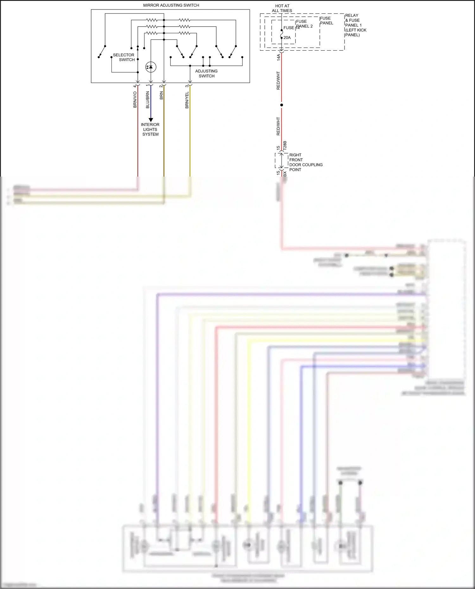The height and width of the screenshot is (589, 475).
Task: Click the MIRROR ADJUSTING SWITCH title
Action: coord(171,5)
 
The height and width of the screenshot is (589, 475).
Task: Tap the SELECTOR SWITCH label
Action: coord(123,57)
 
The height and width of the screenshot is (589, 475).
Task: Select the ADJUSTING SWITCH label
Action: coord(206,73)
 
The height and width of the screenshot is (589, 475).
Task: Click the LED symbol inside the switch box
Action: coord(151,67)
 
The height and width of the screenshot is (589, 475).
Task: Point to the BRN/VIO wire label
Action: coord(135,100)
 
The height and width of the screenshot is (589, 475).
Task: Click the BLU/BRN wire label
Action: coord(148,100)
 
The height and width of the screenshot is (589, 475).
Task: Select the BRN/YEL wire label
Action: coord(187,100)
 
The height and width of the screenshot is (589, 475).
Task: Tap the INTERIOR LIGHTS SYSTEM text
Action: coord(150,129)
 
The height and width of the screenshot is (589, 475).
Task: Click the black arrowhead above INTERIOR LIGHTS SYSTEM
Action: coord(151,120)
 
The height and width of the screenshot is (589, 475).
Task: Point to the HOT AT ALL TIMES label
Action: coord(282,8)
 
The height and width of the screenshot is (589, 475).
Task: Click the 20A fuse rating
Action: coord(287,38)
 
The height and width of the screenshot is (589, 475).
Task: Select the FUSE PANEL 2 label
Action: coord(304,24)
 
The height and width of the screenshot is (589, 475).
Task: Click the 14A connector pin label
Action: coord(279,57)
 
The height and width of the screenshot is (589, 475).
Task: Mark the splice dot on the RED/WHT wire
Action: coord(282,105)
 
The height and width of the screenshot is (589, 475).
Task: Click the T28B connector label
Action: coord(285,145)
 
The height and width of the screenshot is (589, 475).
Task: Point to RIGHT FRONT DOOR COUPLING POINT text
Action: coord(305,162)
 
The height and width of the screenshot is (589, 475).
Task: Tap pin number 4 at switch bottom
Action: coord(135,86)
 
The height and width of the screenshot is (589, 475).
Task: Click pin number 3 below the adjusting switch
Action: coord(187,86)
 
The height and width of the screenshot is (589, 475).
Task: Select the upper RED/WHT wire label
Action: coord(278,80)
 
